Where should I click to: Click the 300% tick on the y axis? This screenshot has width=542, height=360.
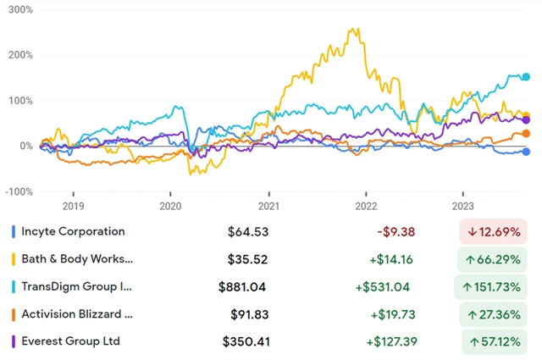[x=19, y=10]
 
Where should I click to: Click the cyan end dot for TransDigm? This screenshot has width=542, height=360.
[x=526, y=77]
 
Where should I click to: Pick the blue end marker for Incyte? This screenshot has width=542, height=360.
[x=526, y=152]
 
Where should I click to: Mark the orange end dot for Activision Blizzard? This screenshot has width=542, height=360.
[x=526, y=134]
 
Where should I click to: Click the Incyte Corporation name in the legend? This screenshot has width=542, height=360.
[x=74, y=231]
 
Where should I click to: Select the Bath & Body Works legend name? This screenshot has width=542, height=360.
[x=77, y=258]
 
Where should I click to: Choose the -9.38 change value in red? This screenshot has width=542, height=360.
[x=395, y=231]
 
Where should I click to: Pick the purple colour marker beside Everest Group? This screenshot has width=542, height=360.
[x=13, y=341]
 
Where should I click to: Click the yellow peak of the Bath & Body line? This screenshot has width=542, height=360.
[x=350, y=30]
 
